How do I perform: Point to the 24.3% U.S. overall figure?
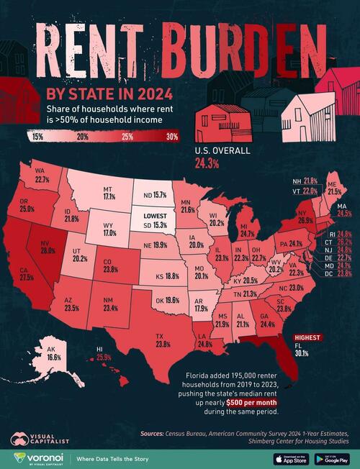[x=205, y=163]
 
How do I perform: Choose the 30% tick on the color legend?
[x=172, y=135]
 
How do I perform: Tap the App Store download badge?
[x=289, y=457]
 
